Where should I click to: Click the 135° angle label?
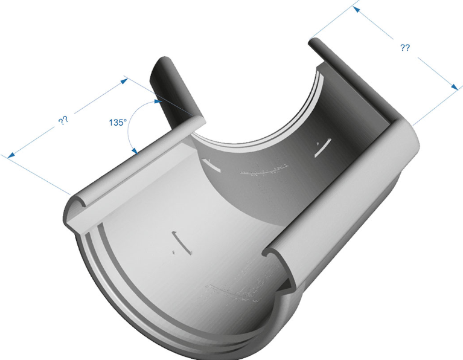pos(118,122)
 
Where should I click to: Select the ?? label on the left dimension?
pos(63,120)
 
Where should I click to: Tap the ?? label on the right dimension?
pos(405,48)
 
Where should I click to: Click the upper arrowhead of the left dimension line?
pos(124,80)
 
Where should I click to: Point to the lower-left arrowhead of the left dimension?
pos(11,155)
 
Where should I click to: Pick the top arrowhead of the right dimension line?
pos(357,10)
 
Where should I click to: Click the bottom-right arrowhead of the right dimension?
pos(455,86)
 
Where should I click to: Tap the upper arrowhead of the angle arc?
pos(158,101)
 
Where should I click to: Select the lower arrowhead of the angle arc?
pos(135,151)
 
